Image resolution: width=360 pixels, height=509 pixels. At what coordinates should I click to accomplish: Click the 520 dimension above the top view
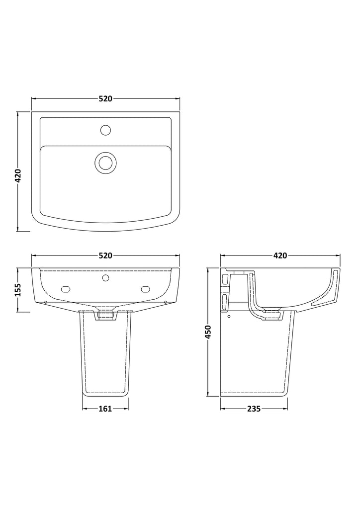click(105, 98)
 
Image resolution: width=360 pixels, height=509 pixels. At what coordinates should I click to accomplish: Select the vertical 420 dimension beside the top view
click(18, 175)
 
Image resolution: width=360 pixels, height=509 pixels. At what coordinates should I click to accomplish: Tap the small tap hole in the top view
click(105, 130)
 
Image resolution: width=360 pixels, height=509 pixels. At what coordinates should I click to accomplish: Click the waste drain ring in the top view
click(105, 163)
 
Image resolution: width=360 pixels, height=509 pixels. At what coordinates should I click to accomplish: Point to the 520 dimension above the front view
click(105, 256)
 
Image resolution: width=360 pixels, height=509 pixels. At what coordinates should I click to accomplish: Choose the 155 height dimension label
click(18, 290)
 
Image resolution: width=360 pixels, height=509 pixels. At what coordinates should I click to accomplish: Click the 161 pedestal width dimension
click(105, 409)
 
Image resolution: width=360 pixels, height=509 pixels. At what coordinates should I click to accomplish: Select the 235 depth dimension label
click(254, 409)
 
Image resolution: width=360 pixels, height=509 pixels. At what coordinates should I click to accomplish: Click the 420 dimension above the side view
click(280, 256)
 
